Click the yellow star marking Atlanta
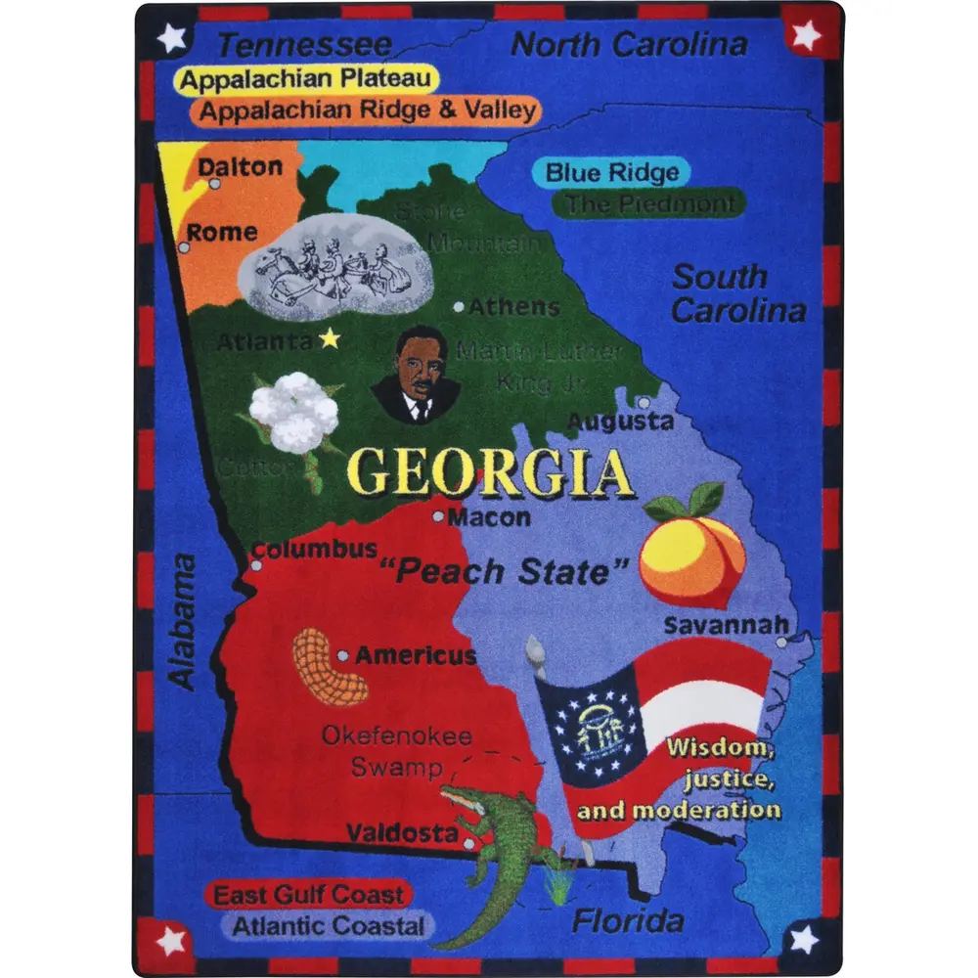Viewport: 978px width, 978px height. pos(331,339)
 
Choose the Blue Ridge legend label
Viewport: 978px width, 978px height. pos(611,173)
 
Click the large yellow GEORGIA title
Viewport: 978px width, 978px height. pos(492,473)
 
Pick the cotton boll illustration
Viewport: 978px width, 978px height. pos(292,415)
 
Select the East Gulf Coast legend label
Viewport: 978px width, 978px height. pos(308,894)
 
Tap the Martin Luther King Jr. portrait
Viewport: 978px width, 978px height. pos(417,376)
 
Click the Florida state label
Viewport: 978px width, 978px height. pos(627,920)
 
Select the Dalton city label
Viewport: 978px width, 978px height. pos(240,166)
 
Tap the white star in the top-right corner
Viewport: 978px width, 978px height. pos(806,36)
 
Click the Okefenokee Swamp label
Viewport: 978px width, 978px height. pos(397,750)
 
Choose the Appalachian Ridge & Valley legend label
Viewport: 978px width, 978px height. pos(369,110)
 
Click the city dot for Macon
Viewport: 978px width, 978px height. pos(439,516)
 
